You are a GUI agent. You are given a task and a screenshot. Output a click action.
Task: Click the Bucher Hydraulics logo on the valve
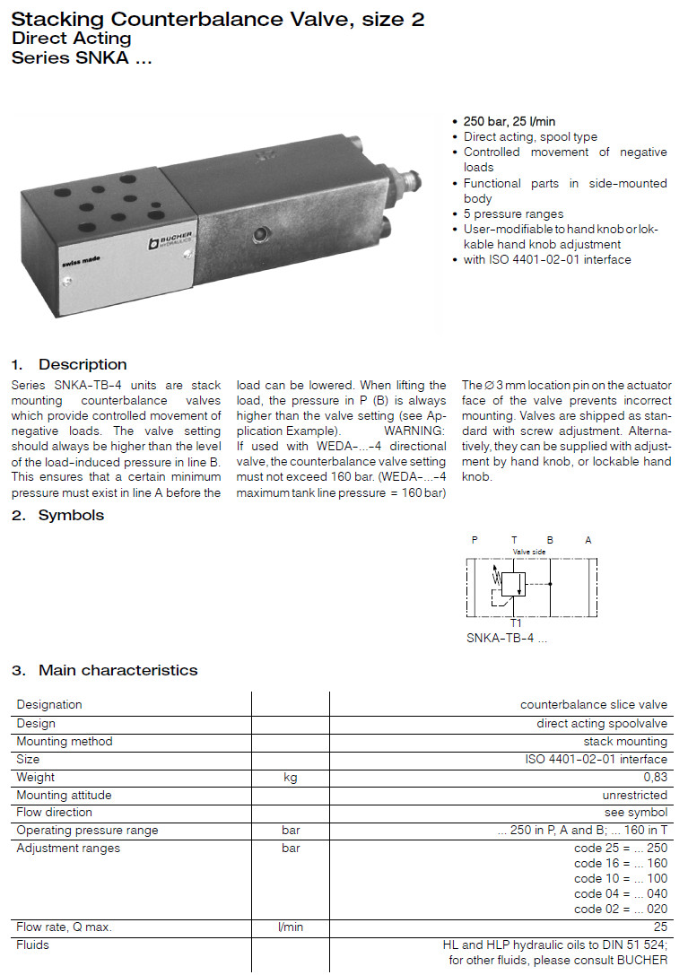(170, 241)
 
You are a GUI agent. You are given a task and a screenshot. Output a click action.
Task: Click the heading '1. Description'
(69, 364)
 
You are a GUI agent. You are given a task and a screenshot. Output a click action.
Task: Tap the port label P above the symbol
(475, 540)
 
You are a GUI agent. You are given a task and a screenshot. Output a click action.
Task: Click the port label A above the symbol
(588, 540)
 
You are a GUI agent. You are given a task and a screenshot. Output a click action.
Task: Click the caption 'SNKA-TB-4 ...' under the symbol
(506, 639)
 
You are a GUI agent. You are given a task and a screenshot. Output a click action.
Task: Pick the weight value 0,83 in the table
(655, 777)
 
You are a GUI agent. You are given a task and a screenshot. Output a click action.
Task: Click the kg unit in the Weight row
(290, 777)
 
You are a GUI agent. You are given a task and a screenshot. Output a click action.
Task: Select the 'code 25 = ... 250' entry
(621, 848)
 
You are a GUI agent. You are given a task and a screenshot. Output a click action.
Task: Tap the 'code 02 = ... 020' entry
(621, 909)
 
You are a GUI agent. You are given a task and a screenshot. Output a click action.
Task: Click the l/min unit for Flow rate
(290, 927)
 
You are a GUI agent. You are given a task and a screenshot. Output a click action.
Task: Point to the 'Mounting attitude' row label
(64, 795)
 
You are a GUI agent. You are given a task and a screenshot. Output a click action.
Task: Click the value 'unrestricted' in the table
(634, 795)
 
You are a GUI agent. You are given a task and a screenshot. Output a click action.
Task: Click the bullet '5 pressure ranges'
(513, 213)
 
